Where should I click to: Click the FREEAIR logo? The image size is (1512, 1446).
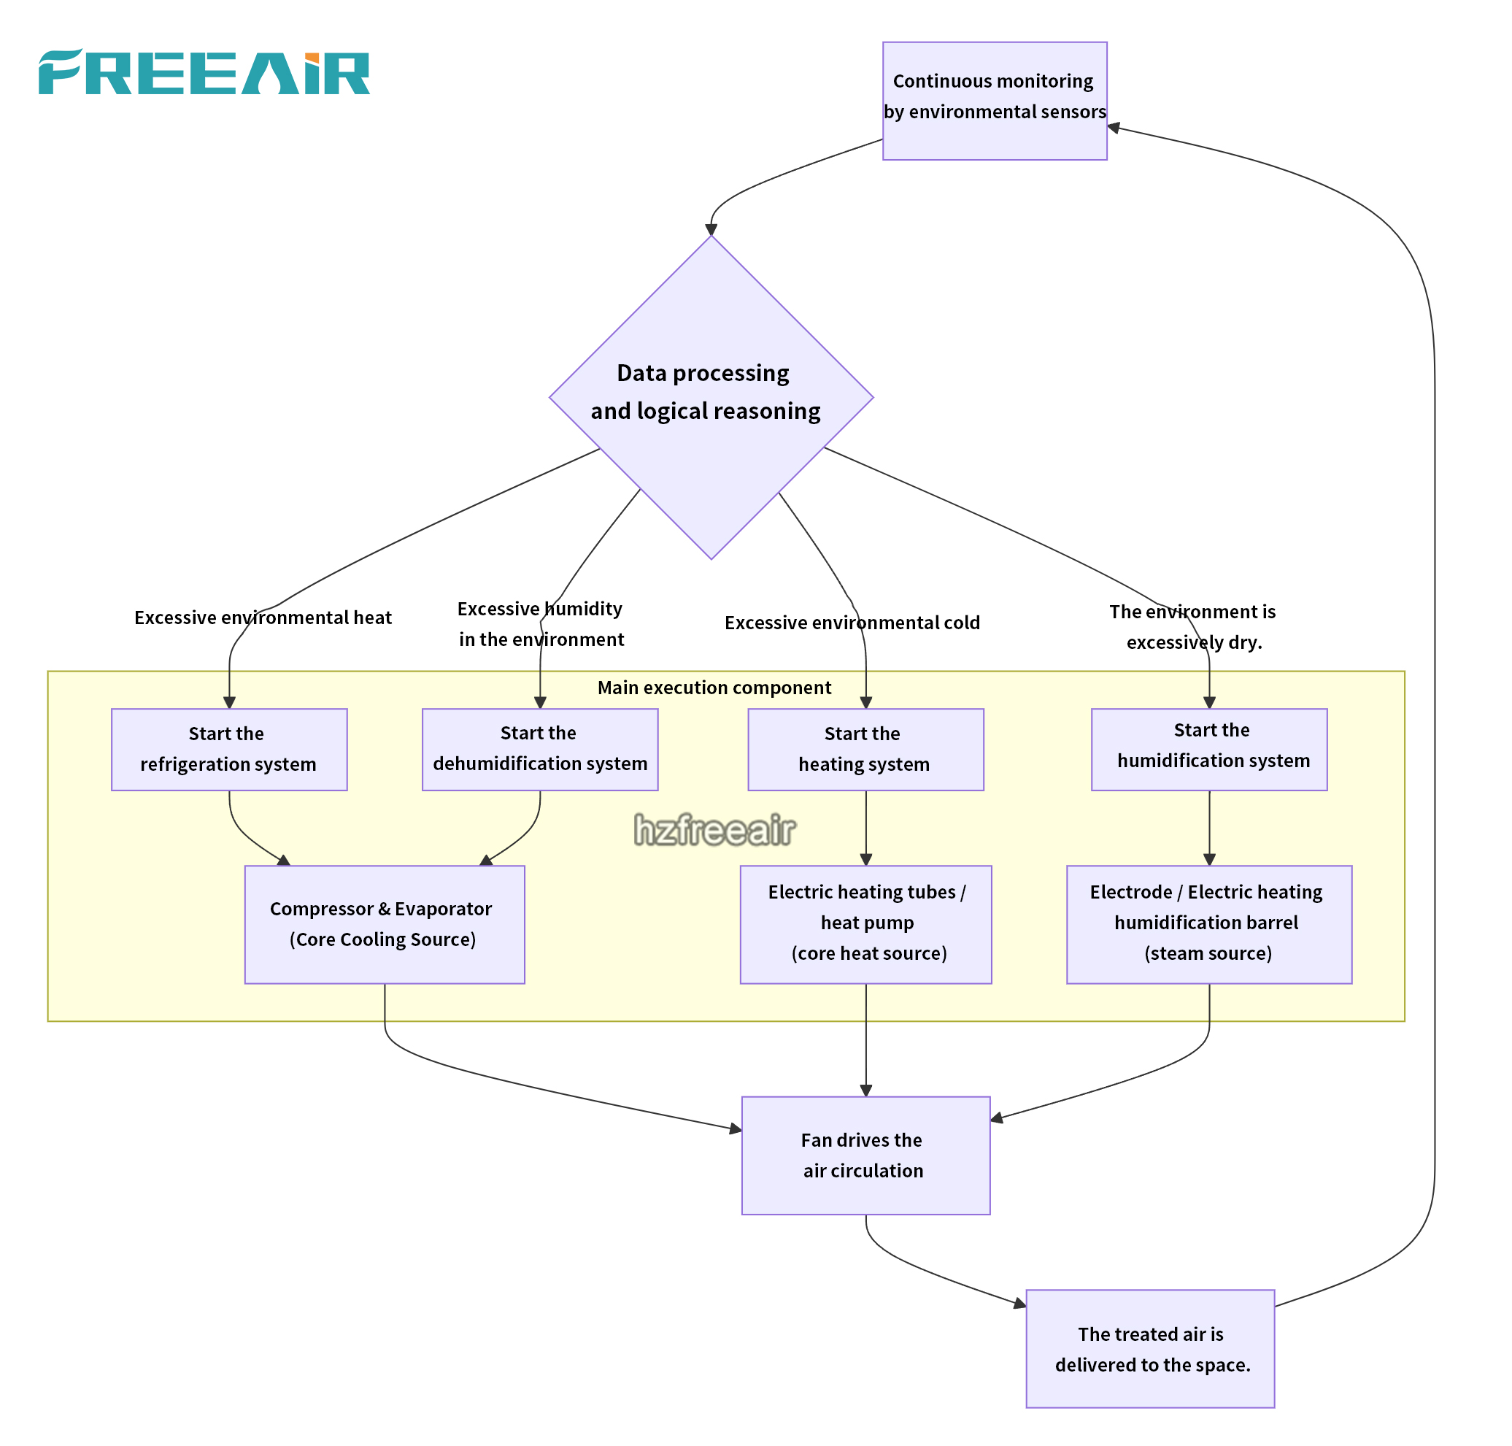click(x=204, y=72)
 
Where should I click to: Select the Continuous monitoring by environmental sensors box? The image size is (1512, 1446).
click(x=994, y=101)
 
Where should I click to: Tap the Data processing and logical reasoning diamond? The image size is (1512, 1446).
click(x=711, y=396)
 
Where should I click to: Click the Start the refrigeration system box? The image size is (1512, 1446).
click(x=229, y=748)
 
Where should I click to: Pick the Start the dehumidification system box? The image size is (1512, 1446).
click(x=539, y=748)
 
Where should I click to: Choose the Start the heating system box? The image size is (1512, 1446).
click(x=865, y=748)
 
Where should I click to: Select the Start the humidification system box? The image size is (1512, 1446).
click(x=1208, y=748)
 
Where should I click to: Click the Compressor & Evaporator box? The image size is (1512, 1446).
click(x=385, y=923)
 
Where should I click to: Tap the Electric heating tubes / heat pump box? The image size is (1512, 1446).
click(x=865, y=923)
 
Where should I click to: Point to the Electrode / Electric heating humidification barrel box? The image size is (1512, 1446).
click(x=1208, y=923)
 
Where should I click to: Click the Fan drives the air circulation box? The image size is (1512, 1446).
click(x=865, y=1155)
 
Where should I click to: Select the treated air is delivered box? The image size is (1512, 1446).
click(x=1150, y=1348)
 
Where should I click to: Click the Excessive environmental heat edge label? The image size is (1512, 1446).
click(x=263, y=618)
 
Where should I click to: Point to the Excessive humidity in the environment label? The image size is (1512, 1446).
click(x=540, y=623)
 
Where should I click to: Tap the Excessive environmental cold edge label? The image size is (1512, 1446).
click(x=852, y=622)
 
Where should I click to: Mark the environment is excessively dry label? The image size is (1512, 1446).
click(x=1192, y=627)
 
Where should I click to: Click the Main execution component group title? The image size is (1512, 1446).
click(x=714, y=687)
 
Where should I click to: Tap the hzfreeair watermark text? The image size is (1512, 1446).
click(x=714, y=829)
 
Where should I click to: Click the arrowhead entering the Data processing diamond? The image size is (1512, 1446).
click(x=711, y=230)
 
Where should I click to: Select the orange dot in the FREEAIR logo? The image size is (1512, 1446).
click(x=312, y=58)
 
